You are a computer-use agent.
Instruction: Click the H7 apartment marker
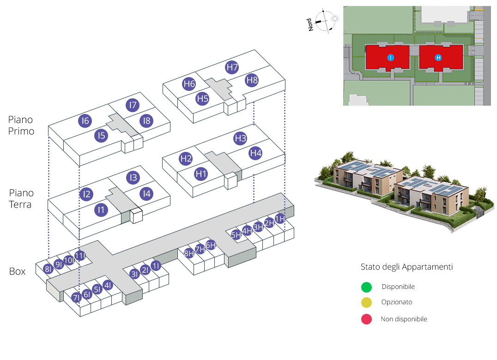point(232,68)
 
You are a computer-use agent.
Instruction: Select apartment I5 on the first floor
point(101,136)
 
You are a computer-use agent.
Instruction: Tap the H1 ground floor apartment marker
point(200,174)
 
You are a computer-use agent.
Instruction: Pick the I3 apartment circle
point(133,177)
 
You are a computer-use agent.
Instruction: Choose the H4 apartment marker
point(255,153)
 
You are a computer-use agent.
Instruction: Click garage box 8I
point(48,269)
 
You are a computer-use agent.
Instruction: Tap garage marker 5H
point(236,234)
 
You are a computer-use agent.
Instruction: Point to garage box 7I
point(77,298)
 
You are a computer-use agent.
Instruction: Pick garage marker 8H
point(188,253)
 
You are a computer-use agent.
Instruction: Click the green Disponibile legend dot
point(366,287)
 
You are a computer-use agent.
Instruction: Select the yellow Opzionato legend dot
point(366,303)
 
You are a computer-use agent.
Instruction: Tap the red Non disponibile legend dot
point(366,319)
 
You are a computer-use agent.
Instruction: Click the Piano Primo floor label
point(21,126)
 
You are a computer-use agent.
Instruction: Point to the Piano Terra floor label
point(21,198)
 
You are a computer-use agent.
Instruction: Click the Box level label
point(18,271)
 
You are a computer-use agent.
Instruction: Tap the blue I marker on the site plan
point(390,58)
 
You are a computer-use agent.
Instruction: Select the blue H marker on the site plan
point(438,58)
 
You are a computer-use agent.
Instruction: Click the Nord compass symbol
point(325,21)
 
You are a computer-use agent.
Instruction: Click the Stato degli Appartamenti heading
point(406,267)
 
